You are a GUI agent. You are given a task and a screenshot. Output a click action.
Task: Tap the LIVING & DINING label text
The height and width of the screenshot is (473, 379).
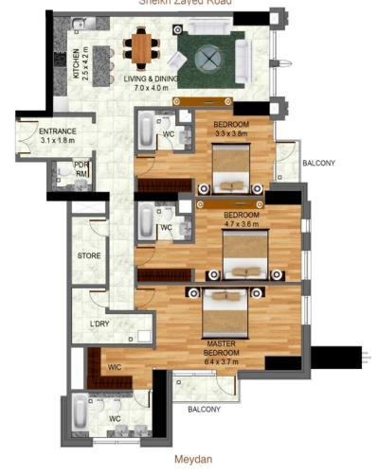pos(145,79)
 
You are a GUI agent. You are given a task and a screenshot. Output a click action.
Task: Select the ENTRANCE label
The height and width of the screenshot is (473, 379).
pos(37,131)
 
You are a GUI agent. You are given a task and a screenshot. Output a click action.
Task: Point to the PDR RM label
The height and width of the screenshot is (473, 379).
pos(81,168)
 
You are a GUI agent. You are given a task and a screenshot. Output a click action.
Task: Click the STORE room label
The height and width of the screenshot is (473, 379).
pos(89,255)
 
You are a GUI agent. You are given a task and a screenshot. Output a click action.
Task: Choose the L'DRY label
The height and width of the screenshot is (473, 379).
pos(99,324)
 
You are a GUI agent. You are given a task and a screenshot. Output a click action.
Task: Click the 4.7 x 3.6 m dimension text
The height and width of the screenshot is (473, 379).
pos(242,224)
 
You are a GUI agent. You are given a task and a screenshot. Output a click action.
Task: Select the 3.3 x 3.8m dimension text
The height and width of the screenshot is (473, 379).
pos(231,134)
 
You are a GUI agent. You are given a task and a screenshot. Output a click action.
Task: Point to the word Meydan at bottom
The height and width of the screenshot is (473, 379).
pos(191,454)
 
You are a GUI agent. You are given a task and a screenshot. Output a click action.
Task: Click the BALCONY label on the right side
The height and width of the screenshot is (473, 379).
pos(318,164)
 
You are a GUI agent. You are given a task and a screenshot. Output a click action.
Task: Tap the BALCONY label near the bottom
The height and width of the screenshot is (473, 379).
pos(204,410)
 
